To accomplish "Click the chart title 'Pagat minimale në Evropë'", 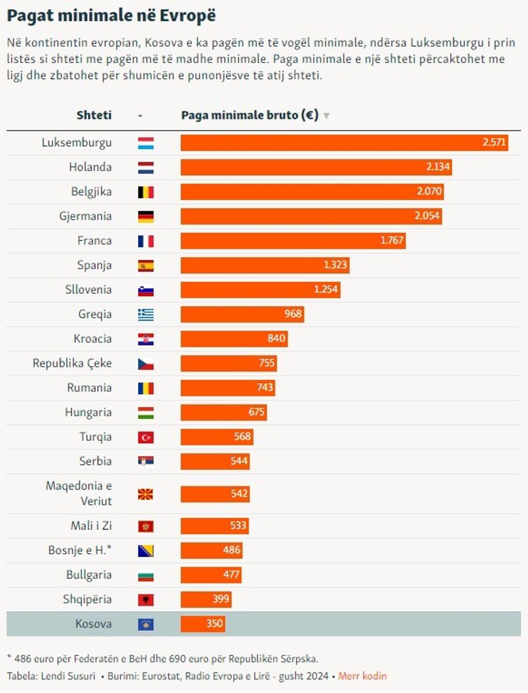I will pos(111,16).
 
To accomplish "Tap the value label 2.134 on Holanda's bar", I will pos(437,167).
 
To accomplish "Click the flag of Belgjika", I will pos(145,192).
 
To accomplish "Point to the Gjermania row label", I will pos(85,216).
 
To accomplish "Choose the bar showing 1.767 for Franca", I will pos(293,241).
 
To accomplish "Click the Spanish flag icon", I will pos(145,266).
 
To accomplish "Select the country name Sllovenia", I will pos(88,290).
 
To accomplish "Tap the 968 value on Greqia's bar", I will pos(293,314).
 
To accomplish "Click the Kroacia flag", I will pos(145,339).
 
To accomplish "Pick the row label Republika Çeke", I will pos(72,363).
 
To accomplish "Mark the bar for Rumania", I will pos(227,388).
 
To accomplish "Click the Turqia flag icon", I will pos(145,437).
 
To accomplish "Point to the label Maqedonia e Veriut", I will pos(79,493).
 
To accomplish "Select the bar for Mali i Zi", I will pos(214,526).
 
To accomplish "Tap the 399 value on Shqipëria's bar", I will pos(221,599).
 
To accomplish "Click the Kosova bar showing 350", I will pos(203,624).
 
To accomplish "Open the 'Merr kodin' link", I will pos(362,676).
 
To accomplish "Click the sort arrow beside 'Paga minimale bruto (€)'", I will pos(326,115).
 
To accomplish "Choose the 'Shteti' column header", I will pos(94,115).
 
